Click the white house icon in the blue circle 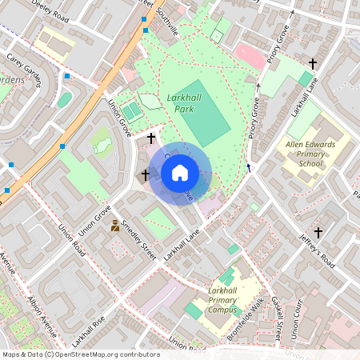pos(180,173)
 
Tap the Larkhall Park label pos(182,102)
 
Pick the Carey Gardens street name pos(24,69)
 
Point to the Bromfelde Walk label pos(246,319)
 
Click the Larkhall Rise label pos(87,331)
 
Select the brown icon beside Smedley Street pos(116,226)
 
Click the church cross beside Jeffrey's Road pos(318,233)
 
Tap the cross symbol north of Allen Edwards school pos(313,63)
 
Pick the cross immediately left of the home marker pos(146,174)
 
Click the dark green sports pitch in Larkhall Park pos(202,118)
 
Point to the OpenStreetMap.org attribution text pos(80,354)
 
